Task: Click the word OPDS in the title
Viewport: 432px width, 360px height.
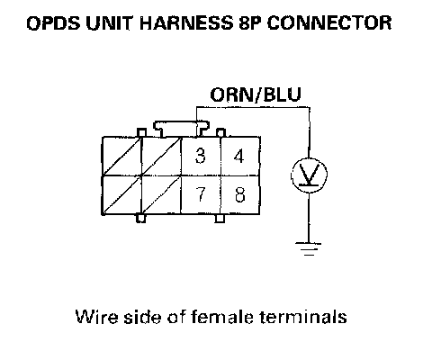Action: (53, 23)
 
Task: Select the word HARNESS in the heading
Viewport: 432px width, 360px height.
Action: (186, 23)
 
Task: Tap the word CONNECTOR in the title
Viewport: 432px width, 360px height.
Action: (329, 23)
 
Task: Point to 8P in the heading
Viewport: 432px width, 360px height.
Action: (250, 23)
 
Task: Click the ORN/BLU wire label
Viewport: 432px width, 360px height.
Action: (256, 94)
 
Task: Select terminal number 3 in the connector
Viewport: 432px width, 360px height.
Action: (200, 156)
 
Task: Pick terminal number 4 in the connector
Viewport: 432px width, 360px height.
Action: (239, 156)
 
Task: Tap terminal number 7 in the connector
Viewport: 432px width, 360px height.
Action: (200, 193)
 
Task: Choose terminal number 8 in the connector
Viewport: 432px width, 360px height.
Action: (239, 194)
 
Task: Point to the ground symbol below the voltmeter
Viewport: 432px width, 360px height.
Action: (309, 249)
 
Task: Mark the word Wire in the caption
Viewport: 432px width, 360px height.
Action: (96, 317)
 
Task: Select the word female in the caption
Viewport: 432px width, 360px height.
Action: (222, 317)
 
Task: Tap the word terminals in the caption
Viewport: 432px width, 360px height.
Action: (303, 317)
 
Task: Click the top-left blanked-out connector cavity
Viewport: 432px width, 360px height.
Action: (121, 156)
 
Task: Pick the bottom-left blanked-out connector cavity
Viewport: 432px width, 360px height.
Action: (121, 194)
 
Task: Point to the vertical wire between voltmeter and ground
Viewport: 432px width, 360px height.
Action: (309, 218)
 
